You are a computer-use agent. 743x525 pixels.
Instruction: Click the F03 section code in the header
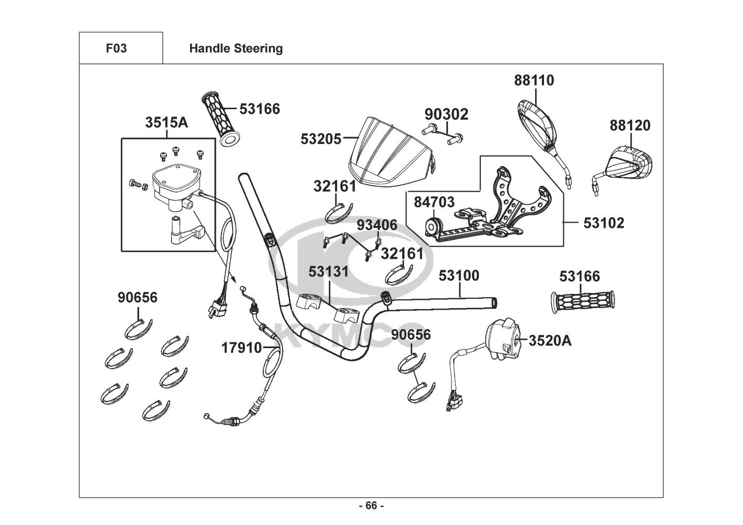pyautogui.click(x=116, y=48)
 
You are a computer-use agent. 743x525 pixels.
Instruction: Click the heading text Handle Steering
pyautogui.click(x=236, y=48)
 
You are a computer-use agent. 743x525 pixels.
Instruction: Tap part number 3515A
pyautogui.click(x=166, y=122)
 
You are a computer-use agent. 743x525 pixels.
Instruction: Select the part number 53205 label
pyautogui.click(x=321, y=139)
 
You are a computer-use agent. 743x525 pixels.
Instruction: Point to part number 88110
pyautogui.click(x=534, y=80)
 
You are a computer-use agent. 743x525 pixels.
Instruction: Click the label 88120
pyautogui.click(x=630, y=125)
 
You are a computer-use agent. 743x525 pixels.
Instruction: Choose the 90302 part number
pyautogui.click(x=446, y=114)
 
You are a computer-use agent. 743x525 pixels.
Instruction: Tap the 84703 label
pyautogui.click(x=434, y=202)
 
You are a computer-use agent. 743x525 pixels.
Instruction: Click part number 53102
pyautogui.click(x=604, y=223)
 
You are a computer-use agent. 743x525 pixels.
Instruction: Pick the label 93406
pyautogui.click(x=377, y=226)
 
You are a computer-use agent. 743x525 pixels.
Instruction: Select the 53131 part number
pyautogui.click(x=329, y=272)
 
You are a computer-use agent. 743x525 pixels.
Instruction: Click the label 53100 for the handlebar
pyautogui.click(x=459, y=276)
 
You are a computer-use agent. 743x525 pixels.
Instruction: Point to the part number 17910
pyautogui.click(x=241, y=348)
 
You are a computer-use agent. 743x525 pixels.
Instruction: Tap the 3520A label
pyautogui.click(x=550, y=341)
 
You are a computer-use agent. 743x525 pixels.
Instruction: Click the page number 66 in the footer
pyautogui.click(x=371, y=506)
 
